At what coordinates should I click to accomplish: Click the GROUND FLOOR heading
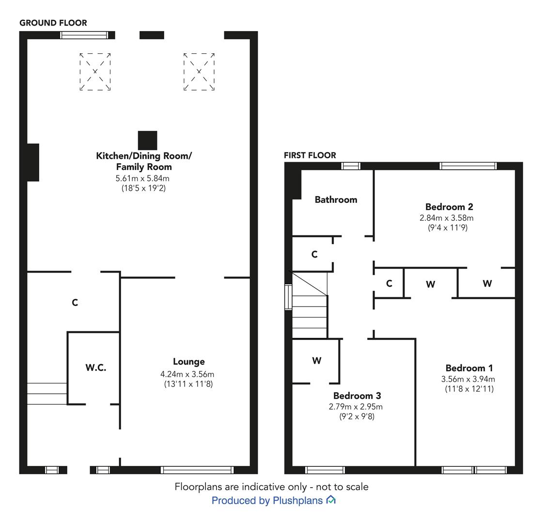tap(53, 23)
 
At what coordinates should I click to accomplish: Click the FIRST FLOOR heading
tap(310, 155)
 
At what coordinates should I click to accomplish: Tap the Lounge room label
tap(189, 362)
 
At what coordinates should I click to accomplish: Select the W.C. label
tap(96, 368)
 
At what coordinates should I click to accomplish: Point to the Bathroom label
tap(336, 200)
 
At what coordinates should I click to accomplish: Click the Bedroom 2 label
tap(449, 207)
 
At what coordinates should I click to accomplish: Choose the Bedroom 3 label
tap(357, 396)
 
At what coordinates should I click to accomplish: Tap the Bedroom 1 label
tap(469, 368)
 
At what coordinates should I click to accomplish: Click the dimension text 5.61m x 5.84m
tap(142, 178)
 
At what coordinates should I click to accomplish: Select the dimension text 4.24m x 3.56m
tap(187, 374)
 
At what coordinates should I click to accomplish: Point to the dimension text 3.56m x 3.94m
tap(468, 379)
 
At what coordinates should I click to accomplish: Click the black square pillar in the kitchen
tap(147, 140)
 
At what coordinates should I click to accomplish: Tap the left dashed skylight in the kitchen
tap(95, 72)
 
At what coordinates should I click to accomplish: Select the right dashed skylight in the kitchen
tap(199, 72)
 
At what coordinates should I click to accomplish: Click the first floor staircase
tap(310, 305)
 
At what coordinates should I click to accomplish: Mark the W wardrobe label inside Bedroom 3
tap(317, 361)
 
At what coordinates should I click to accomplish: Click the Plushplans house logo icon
tap(331, 500)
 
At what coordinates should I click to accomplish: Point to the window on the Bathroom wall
tap(351, 166)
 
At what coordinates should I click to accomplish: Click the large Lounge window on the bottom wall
tap(197, 470)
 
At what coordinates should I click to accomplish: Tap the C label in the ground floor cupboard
tap(75, 303)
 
